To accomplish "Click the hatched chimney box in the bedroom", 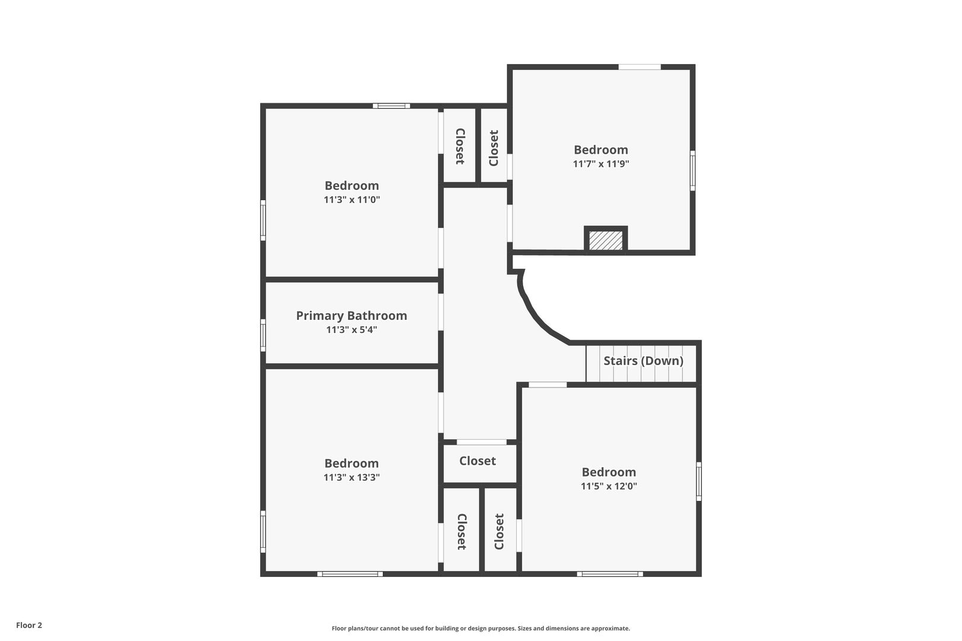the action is point(606,240).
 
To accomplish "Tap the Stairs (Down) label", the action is point(643,361).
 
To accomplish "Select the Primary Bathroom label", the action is point(352,316).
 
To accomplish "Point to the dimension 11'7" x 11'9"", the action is point(601,164).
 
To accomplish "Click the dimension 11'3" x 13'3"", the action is point(352,477).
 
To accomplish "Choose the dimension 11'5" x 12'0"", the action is point(609,486).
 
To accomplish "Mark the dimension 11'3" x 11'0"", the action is point(352,199).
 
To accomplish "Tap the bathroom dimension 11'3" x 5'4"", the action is point(352,330).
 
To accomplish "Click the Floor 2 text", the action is point(29,625).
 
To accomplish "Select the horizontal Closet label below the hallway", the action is point(477,461).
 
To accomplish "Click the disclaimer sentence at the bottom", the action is point(480,628).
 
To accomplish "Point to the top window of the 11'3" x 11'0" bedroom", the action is point(391,106).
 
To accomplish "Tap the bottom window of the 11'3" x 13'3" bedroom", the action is point(350,574).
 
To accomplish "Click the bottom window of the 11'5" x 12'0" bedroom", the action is point(610,574).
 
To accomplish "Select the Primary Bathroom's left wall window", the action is point(263,335).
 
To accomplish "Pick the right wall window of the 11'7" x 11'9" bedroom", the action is point(692,170).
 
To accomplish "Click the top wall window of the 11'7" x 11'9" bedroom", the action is point(640,67).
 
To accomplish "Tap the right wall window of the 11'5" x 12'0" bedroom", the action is point(699,481).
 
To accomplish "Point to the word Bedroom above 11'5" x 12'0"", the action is point(609,472).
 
